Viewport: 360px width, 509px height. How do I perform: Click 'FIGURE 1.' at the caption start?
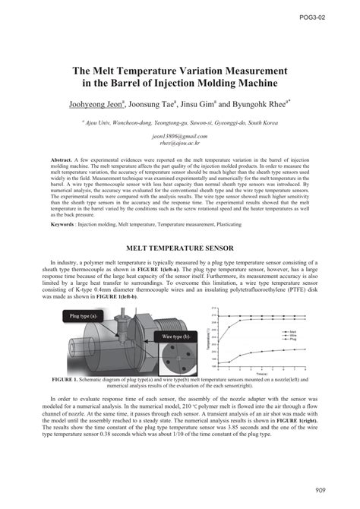coord(67,378)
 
